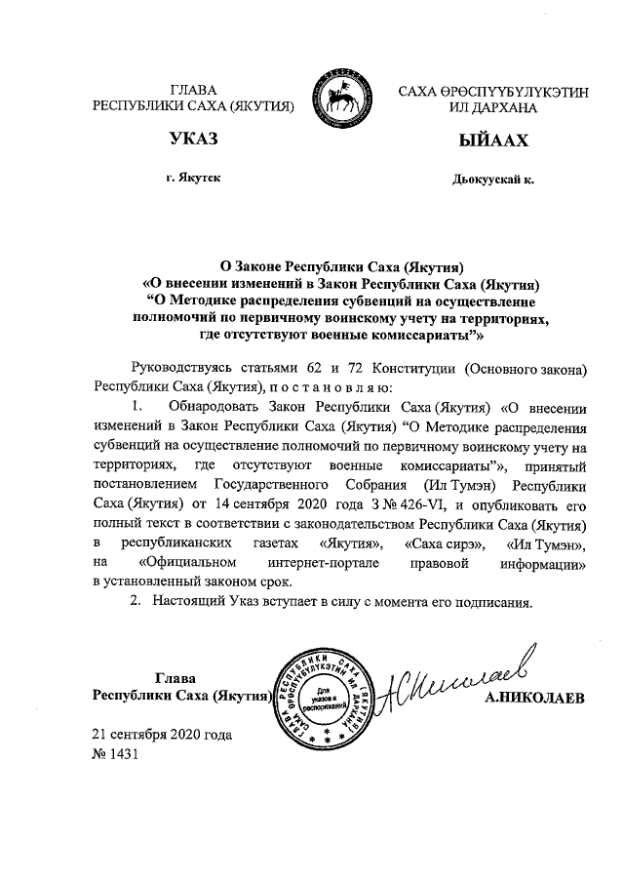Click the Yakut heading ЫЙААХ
[x=492, y=140]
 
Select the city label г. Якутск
[x=192, y=179]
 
